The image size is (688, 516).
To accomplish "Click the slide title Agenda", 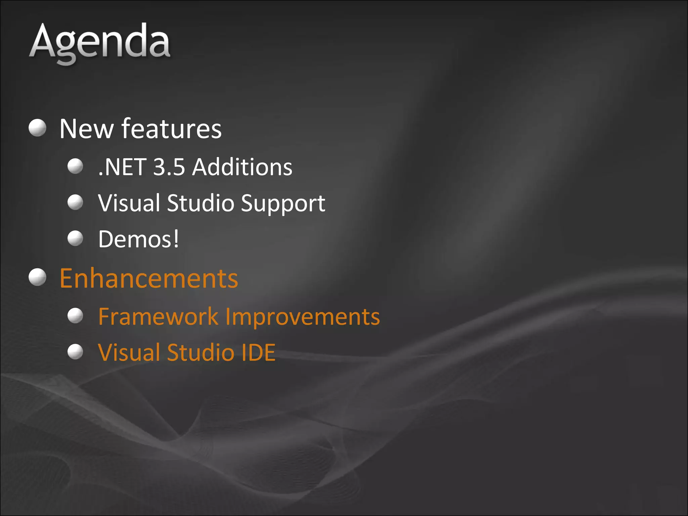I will (100, 42).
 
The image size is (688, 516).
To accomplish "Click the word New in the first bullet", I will (86, 129).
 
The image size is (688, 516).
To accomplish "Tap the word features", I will (171, 129).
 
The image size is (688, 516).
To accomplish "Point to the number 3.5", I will (169, 167).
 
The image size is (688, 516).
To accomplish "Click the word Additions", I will (242, 167).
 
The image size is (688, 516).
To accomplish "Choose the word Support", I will (283, 204).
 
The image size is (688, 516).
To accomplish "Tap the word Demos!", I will (138, 239).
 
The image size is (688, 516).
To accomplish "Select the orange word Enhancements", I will (148, 278).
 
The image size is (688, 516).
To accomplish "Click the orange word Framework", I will (158, 317).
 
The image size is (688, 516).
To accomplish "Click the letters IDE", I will (258, 353).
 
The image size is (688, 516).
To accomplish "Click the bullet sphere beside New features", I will (37, 128).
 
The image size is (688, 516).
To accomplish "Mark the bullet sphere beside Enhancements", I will (37, 277).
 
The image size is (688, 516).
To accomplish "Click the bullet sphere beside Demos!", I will (75, 238).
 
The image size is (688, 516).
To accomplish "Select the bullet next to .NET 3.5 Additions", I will (75, 166).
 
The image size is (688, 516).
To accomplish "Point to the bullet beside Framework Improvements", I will (75, 315).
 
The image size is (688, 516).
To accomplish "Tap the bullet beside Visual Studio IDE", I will (75, 352).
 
